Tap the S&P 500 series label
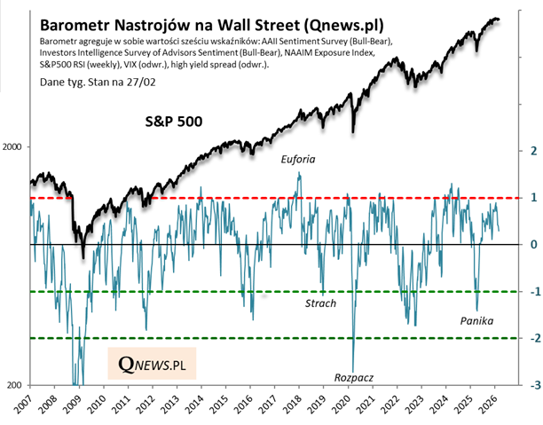(x=177, y=121)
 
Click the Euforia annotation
(x=297, y=160)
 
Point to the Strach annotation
(x=320, y=303)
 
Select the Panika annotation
(x=476, y=320)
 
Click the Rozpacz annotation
(x=354, y=377)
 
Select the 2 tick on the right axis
(x=532, y=151)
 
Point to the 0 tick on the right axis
(x=532, y=245)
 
